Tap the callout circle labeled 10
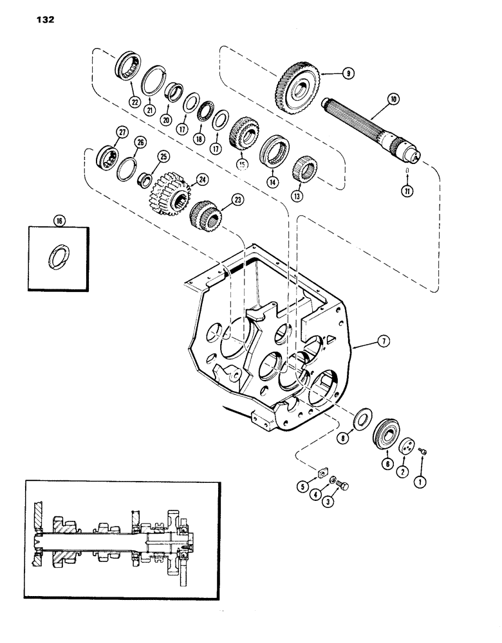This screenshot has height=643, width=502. click(x=393, y=99)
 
